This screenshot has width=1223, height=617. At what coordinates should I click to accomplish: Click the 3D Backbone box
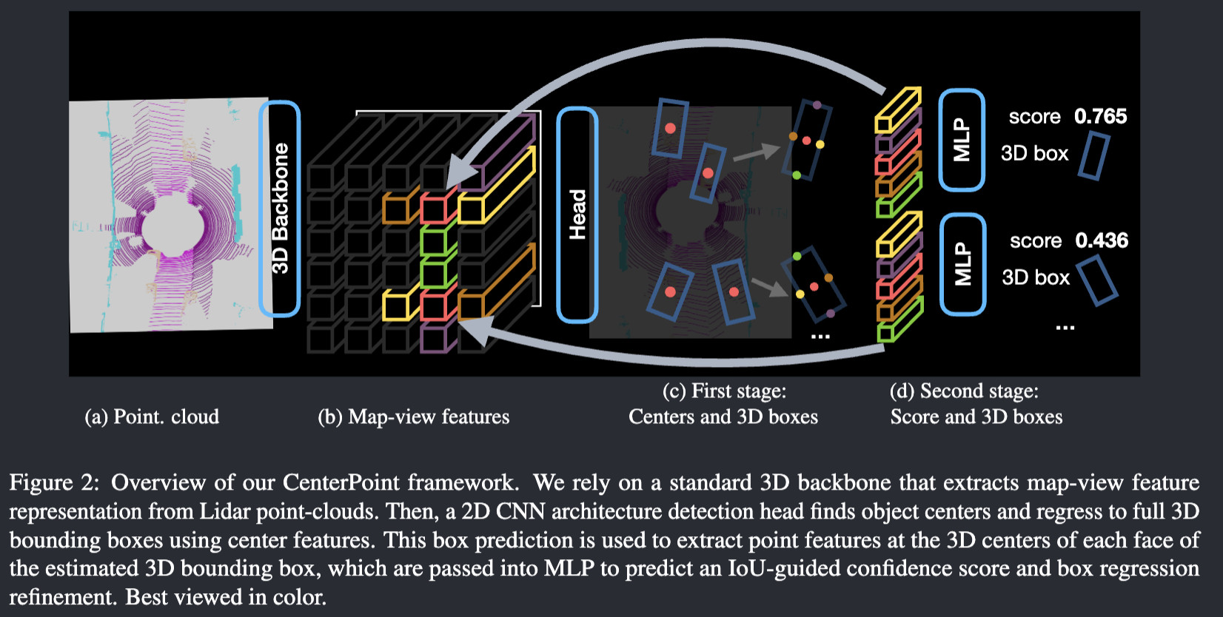[280, 209]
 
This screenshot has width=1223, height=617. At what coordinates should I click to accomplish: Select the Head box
[577, 215]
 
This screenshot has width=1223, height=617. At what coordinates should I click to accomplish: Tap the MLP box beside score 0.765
[961, 140]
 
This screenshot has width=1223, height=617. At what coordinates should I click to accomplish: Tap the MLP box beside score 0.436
[962, 264]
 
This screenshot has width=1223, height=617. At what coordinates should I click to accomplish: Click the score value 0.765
[1100, 116]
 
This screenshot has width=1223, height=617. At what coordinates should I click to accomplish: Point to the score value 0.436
[1102, 240]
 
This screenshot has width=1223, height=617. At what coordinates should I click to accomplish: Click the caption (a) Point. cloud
[152, 417]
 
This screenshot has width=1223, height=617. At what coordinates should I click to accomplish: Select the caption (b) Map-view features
[413, 417]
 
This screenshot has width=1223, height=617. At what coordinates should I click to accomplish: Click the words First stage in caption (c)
[738, 391]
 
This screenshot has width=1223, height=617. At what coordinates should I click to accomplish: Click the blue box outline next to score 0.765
[1093, 155]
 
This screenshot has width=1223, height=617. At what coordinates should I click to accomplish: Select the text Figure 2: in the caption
[53, 482]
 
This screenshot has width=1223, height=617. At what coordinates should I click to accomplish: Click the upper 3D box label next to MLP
[1034, 153]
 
